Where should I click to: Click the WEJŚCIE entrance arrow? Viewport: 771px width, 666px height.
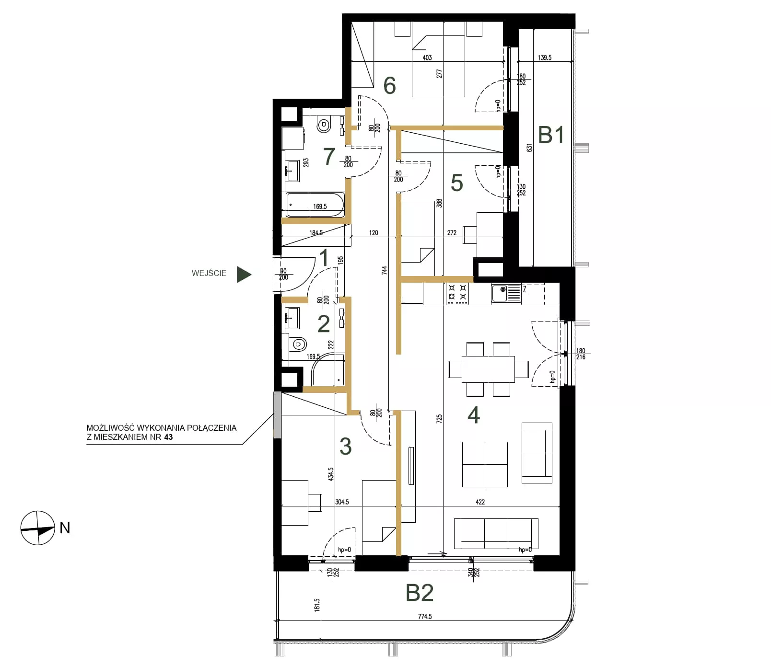tap(244, 274)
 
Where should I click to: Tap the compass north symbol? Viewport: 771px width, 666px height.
tap(38, 528)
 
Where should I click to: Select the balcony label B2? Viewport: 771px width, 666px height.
tap(420, 593)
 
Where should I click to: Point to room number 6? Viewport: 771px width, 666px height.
tap(390, 85)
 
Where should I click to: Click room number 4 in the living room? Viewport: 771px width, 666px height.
tap(474, 415)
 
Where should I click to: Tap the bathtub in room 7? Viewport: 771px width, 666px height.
tap(315, 205)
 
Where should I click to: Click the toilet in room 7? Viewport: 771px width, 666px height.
tap(324, 125)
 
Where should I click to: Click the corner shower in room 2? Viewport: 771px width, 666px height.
tap(328, 369)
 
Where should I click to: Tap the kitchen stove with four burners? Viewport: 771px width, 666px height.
tap(457, 294)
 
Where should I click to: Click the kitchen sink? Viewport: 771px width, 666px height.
tap(506, 293)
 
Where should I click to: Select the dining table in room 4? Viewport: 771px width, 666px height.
tap(488, 369)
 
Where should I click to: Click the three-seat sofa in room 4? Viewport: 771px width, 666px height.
tap(496, 533)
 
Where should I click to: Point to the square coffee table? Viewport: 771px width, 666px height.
tap(485, 464)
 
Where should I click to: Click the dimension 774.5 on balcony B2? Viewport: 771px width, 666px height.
tap(425, 616)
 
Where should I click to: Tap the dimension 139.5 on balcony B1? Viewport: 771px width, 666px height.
tap(545, 57)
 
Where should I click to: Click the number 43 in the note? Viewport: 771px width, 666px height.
tap(168, 437)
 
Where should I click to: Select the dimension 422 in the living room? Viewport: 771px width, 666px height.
tap(480, 502)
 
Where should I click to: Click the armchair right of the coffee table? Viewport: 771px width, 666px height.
tap(537, 453)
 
